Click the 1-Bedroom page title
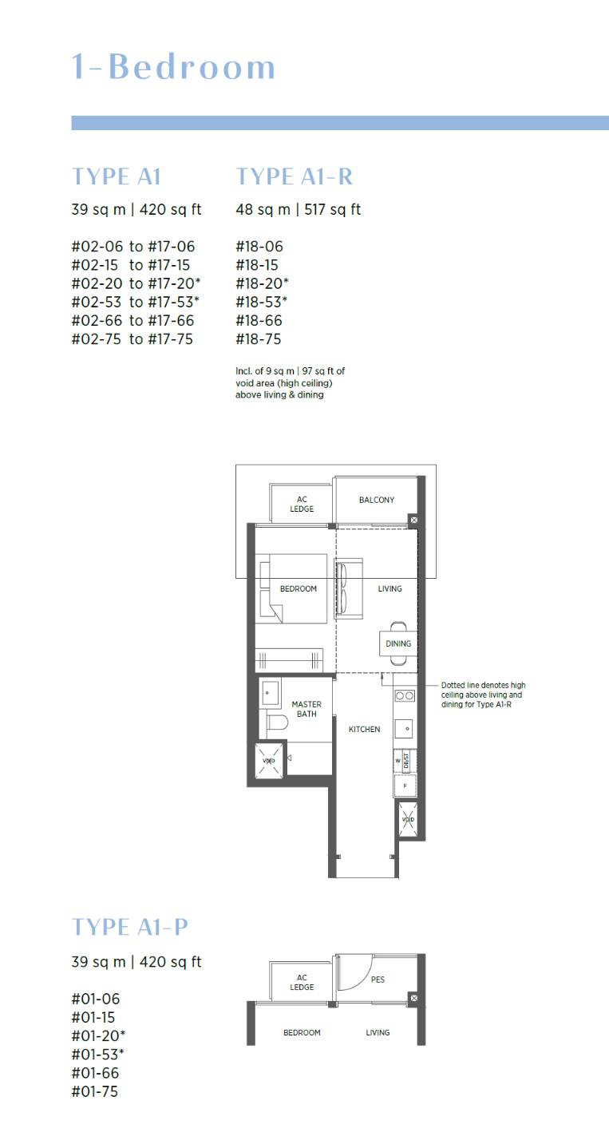coord(173,67)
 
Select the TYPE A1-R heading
coord(294,176)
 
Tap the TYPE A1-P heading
coord(129,927)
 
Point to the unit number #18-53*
coord(261,302)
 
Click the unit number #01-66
coord(95,1073)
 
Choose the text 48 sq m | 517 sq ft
coord(299,209)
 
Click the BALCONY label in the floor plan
coord(376,500)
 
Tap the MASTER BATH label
coord(306,709)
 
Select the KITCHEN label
coord(364,730)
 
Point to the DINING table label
coord(398,643)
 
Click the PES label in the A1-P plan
coord(378,979)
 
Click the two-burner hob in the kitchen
coord(405,695)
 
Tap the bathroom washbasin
coord(270,692)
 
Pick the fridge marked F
coord(405,786)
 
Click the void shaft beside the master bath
coord(269,761)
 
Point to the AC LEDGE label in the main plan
coord(302,504)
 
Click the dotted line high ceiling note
coord(483,695)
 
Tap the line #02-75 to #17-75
coord(132,339)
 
